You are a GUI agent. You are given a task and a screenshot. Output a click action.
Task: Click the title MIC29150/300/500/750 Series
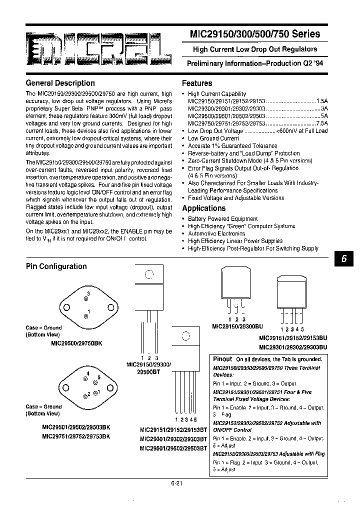[x=254, y=34]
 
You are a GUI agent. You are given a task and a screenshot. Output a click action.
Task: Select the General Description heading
[x=60, y=83]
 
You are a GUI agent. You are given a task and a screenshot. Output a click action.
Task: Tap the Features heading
[x=197, y=83]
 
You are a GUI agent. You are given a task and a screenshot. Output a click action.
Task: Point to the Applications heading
[x=203, y=208]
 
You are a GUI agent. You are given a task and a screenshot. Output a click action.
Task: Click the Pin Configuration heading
[x=56, y=266]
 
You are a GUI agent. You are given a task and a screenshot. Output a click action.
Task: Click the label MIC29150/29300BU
[x=236, y=326]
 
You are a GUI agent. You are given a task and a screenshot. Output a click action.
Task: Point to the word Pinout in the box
[x=222, y=359]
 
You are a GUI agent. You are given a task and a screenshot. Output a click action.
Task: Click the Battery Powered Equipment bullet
[x=222, y=219]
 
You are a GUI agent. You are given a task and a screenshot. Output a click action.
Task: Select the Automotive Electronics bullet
[x=216, y=233]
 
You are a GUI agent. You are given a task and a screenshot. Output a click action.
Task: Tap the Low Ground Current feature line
[x=213, y=138]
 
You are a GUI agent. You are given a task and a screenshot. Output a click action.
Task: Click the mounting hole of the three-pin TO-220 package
[x=149, y=274]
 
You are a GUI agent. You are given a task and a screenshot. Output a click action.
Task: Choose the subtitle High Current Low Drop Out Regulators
[x=255, y=49]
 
